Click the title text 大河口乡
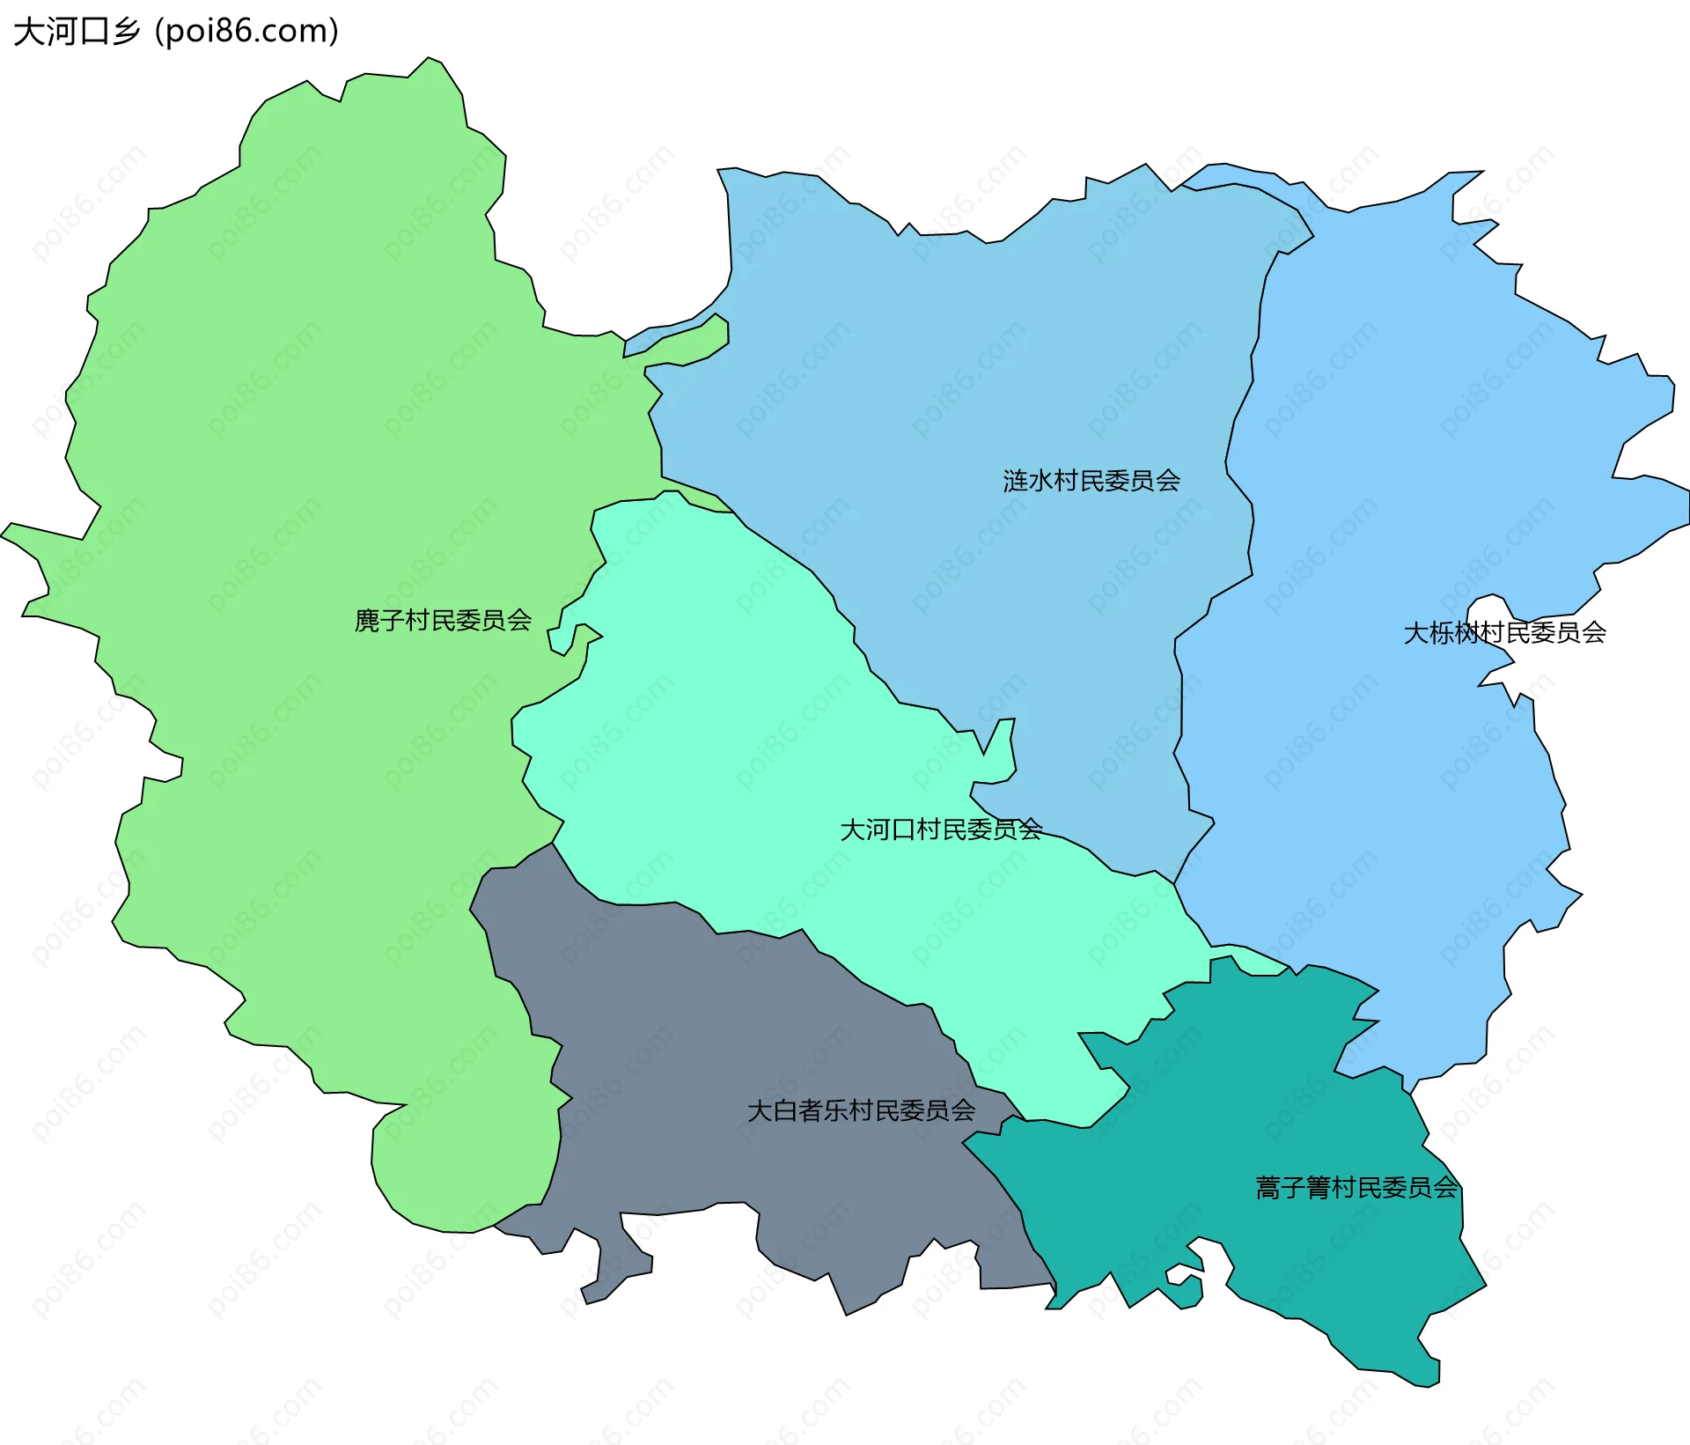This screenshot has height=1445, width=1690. (x=77, y=32)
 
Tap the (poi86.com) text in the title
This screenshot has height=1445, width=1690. (x=246, y=32)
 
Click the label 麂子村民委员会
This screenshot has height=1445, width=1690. (x=443, y=620)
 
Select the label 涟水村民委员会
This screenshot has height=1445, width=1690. (x=1091, y=480)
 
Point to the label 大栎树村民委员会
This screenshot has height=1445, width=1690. (x=1504, y=632)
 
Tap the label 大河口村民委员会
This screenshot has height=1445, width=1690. (x=941, y=829)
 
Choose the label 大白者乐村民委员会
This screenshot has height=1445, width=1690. (x=861, y=1110)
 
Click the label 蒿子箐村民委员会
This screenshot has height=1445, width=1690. (x=1356, y=1187)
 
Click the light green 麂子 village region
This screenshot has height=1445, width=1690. (x=308, y=440)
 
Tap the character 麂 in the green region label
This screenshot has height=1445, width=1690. (x=366, y=620)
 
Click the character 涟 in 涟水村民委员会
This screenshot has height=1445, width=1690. (x=1015, y=480)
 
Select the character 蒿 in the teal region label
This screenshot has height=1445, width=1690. (x=1267, y=1187)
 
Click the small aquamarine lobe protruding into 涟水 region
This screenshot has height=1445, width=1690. (x=999, y=757)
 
